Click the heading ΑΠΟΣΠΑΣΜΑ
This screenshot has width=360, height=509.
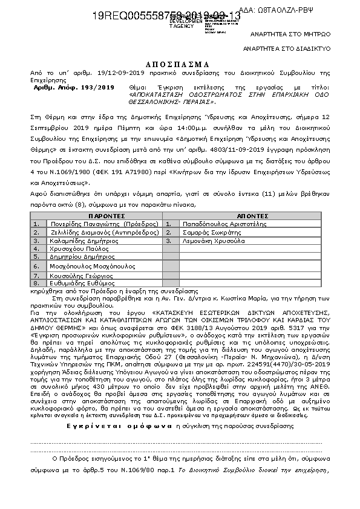click(x=178, y=63)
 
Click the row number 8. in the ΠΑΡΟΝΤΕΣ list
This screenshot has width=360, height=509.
click(x=36, y=283)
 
